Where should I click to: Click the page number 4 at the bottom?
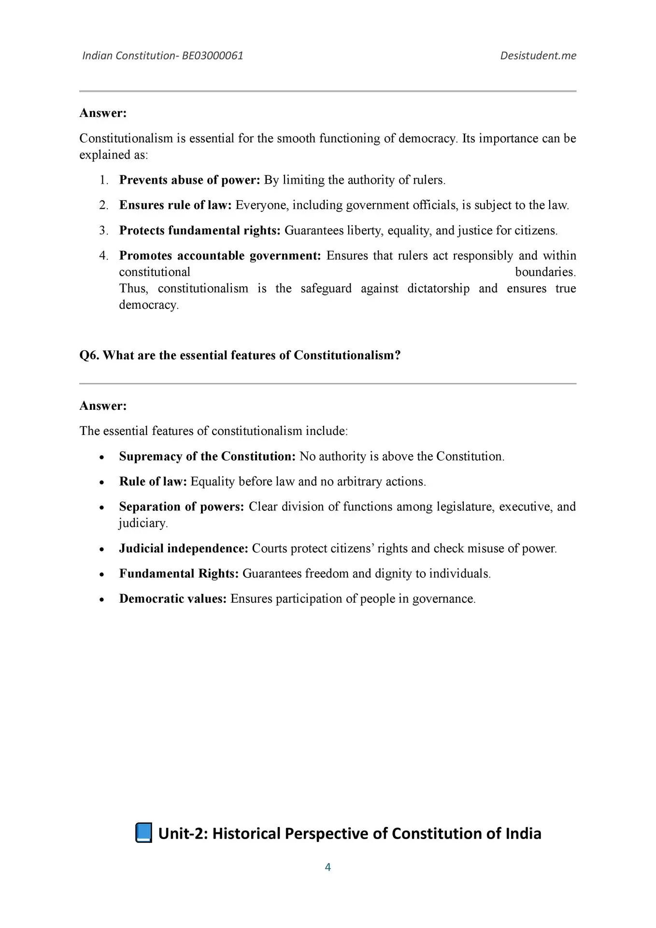point(328,867)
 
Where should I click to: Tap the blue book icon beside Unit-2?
point(143,833)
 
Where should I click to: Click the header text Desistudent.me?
point(538,56)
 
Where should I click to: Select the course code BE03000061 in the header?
point(213,56)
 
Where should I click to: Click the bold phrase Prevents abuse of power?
point(189,180)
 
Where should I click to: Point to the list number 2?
point(103,205)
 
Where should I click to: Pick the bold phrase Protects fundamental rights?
point(200,230)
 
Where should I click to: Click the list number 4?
point(103,255)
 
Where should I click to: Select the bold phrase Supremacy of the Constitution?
point(207,456)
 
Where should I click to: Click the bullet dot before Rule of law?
point(101,482)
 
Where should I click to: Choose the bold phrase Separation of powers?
point(182,507)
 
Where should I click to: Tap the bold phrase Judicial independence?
point(184,549)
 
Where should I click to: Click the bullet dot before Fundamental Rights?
point(101,575)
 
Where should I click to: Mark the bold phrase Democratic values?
point(172,599)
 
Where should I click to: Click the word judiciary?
point(143,523)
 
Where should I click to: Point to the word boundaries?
point(545,272)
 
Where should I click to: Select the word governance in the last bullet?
point(443,599)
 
